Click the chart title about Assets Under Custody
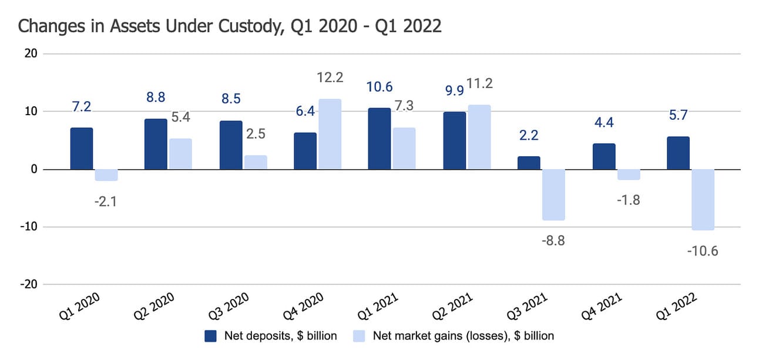pyautogui.click(x=230, y=26)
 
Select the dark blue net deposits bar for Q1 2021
pyautogui.click(x=379, y=139)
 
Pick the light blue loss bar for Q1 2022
pyautogui.click(x=703, y=200)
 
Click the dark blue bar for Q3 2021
pyautogui.click(x=529, y=163)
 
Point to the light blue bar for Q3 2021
pyautogui.click(x=553, y=194)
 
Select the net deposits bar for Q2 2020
pyautogui.click(x=156, y=144)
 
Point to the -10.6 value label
pyautogui.click(x=703, y=251)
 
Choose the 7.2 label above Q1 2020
pyautogui.click(x=82, y=107)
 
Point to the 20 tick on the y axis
pyautogui.click(x=31, y=53)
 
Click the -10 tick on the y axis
pyautogui.click(x=28, y=227)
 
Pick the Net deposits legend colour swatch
pyautogui.click(x=211, y=336)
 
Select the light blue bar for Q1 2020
pyautogui.click(x=106, y=175)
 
